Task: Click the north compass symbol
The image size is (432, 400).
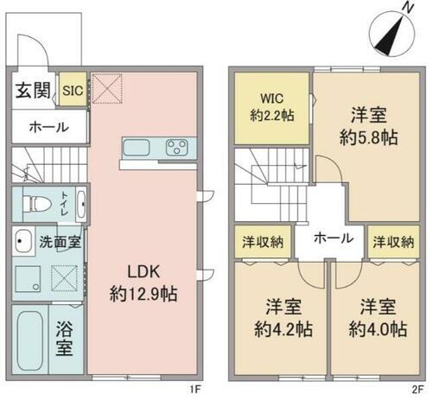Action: pos(388,34)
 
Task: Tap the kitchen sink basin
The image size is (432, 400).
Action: pos(138,147)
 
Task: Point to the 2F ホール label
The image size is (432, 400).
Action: pos(331,238)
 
